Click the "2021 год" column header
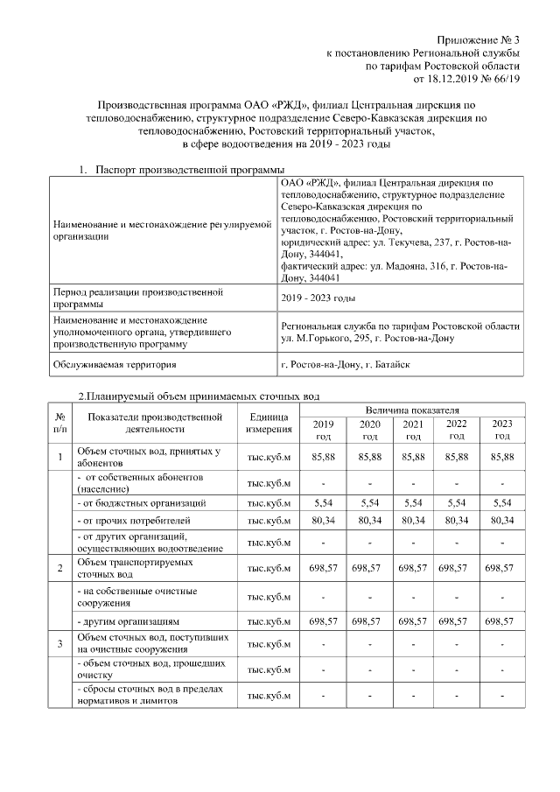coord(412,429)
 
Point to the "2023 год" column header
coord(502,429)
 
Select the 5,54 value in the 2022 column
coord(457,502)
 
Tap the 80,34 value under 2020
coord(369,522)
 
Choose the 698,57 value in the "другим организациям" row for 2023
coord(502,621)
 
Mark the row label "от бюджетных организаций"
coord(143,502)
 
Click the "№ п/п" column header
coord(60,423)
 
